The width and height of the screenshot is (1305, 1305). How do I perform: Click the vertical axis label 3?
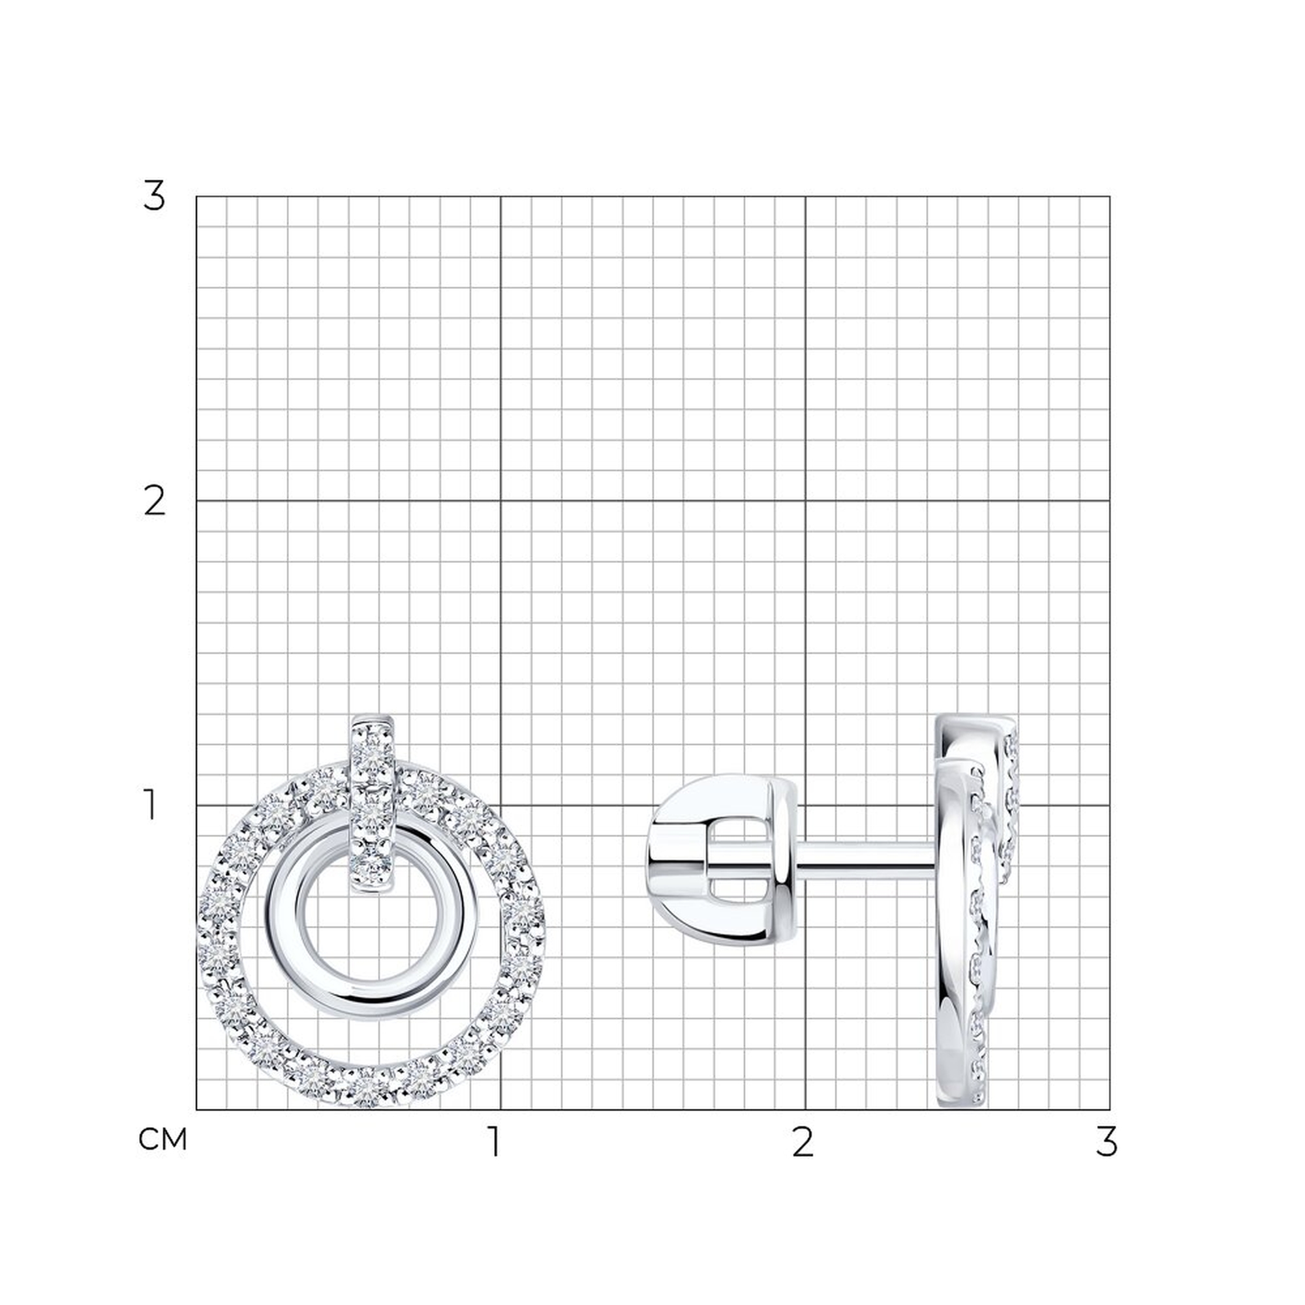pos(154,197)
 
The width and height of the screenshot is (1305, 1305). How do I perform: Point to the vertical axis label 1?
pos(151,806)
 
